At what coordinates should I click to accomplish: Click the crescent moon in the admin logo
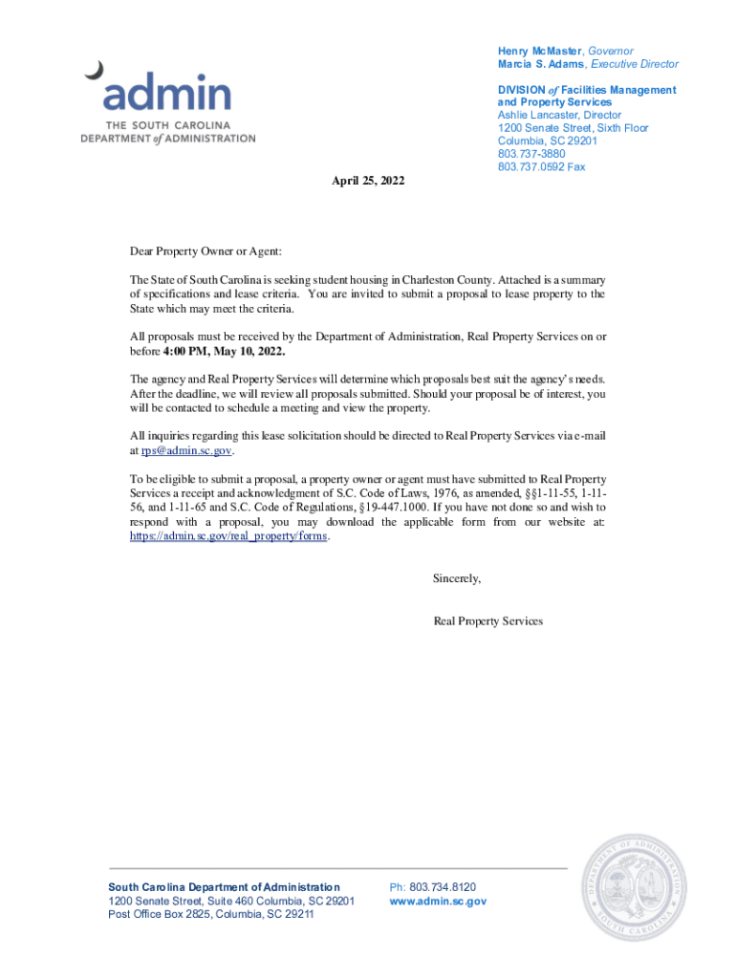click(95, 70)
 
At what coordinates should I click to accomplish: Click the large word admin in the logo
click(167, 94)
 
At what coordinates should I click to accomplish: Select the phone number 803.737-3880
click(530, 154)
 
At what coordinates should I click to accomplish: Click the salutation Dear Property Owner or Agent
click(206, 251)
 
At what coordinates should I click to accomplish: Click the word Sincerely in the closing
click(457, 578)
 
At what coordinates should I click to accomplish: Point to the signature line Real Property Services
click(487, 620)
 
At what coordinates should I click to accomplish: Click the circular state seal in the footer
click(634, 887)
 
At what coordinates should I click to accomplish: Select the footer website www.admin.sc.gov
click(438, 901)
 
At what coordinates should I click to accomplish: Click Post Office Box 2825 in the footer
click(158, 914)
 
